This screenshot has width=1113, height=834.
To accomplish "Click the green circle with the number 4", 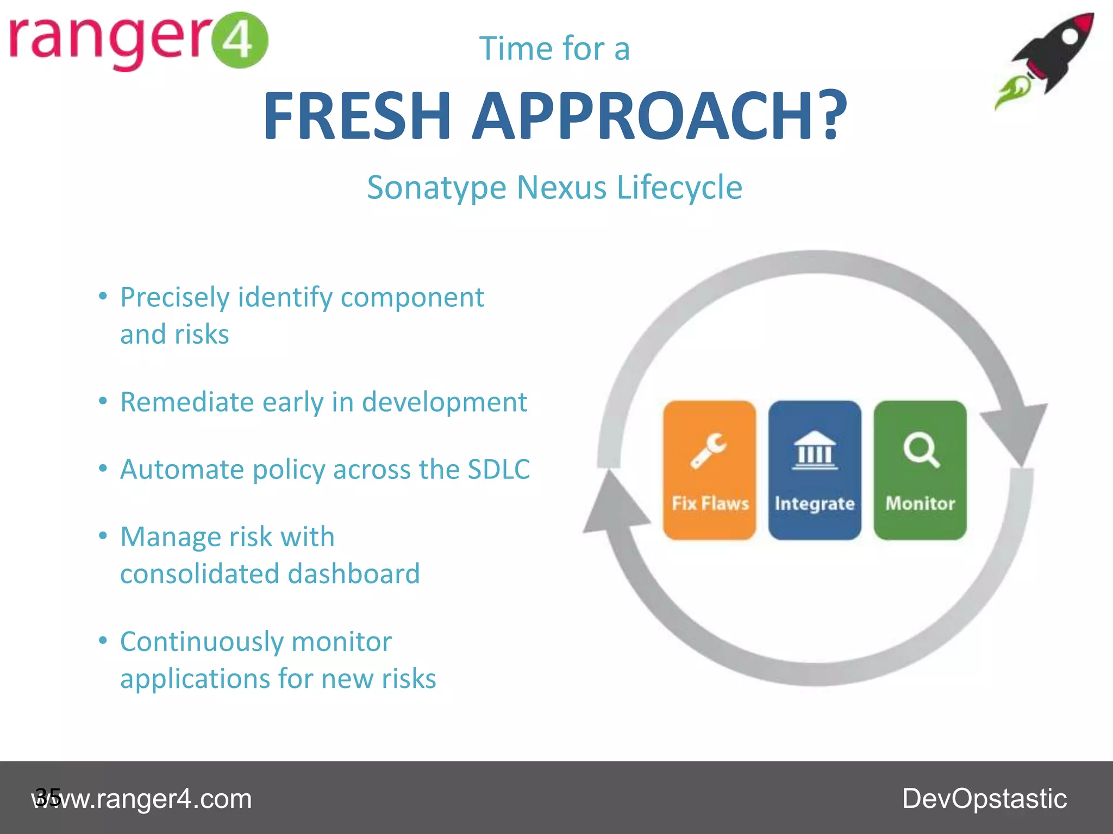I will click(x=239, y=40).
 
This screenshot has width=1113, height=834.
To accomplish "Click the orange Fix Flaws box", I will click(x=709, y=470).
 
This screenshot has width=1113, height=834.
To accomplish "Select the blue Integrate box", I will click(x=815, y=470).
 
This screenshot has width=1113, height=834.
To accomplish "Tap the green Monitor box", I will click(x=920, y=470).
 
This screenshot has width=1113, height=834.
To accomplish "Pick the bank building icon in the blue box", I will click(x=815, y=450).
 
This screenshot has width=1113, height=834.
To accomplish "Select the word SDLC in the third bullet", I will click(x=498, y=470).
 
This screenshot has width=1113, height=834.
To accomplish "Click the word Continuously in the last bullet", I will click(x=201, y=642).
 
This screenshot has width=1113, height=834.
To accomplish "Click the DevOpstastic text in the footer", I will click(x=984, y=799).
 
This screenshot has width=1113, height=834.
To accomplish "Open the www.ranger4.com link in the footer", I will click(x=142, y=799).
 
